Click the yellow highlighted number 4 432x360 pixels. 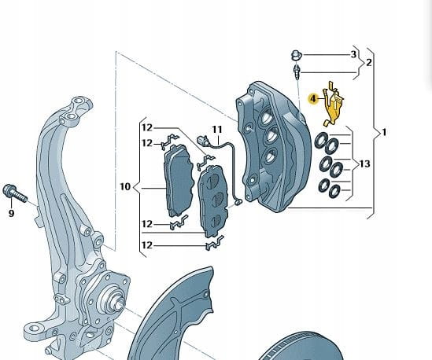[313, 98]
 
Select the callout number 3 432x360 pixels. [353, 54]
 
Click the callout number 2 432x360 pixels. [369, 62]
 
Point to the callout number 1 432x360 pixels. [384, 132]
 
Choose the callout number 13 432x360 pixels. [365, 163]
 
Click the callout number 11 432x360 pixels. [217, 130]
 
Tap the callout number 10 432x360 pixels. [125, 186]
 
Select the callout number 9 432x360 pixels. [11, 213]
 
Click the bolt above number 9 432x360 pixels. [15, 193]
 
